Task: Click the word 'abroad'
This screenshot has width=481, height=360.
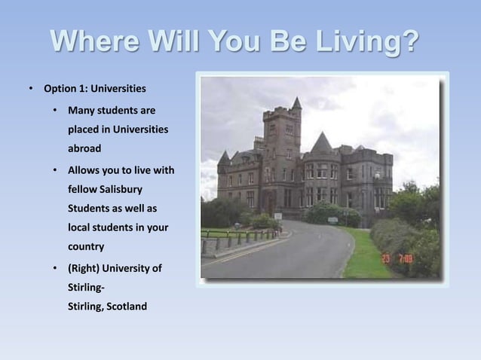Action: pos(84,148)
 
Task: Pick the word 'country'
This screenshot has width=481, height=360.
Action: pos(87,246)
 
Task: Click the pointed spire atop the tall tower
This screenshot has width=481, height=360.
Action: pos(296,102)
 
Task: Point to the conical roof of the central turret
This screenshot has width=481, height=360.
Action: pos(322,142)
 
